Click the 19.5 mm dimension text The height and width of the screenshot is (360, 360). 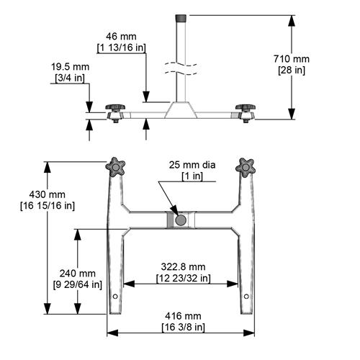pyautogui.click(x=71, y=66)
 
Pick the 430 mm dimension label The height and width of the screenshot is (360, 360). pyautogui.click(x=58, y=194)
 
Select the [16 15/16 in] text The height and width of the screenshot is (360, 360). pyautogui.click(x=59, y=206)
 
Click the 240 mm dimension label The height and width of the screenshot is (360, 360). pyautogui.click(x=77, y=274)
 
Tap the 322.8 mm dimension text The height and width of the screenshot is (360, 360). pyautogui.click(x=183, y=266)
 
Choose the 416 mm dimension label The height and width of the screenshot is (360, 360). pyautogui.click(x=183, y=316)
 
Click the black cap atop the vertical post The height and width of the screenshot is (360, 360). pyautogui.click(x=181, y=17)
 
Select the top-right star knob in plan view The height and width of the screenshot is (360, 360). pyautogui.click(x=246, y=166)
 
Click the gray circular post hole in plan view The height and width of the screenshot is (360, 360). pyautogui.click(x=181, y=218)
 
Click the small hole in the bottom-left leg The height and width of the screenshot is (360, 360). pyautogui.click(x=116, y=297)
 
